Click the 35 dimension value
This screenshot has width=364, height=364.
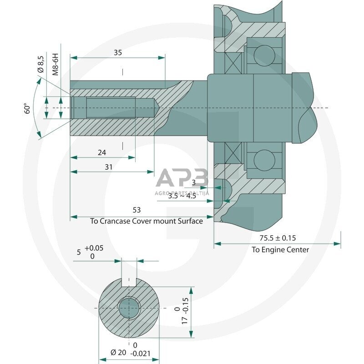click(x=118, y=53)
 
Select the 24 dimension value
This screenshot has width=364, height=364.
click(x=102, y=153)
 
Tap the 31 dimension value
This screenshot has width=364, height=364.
click(x=108, y=167)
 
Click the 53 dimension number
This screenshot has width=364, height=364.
click(x=136, y=210)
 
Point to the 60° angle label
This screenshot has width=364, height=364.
click(x=28, y=108)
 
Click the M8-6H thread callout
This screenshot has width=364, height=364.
click(x=56, y=64)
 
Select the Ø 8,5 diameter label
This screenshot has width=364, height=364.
click(x=41, y=64)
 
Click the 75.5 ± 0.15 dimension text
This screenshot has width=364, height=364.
click(x=278, y=238)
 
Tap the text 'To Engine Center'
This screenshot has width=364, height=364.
click(x=280, y=249)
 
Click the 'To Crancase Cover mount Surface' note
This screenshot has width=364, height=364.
click(x=147, y=221)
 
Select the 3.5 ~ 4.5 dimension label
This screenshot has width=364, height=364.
click(x=182, y=196)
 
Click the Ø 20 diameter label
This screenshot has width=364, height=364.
click(x=119, y=352)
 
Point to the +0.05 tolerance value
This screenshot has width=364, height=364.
click(x=94, y=248)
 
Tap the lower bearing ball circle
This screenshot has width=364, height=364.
click(x=263, y=160)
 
